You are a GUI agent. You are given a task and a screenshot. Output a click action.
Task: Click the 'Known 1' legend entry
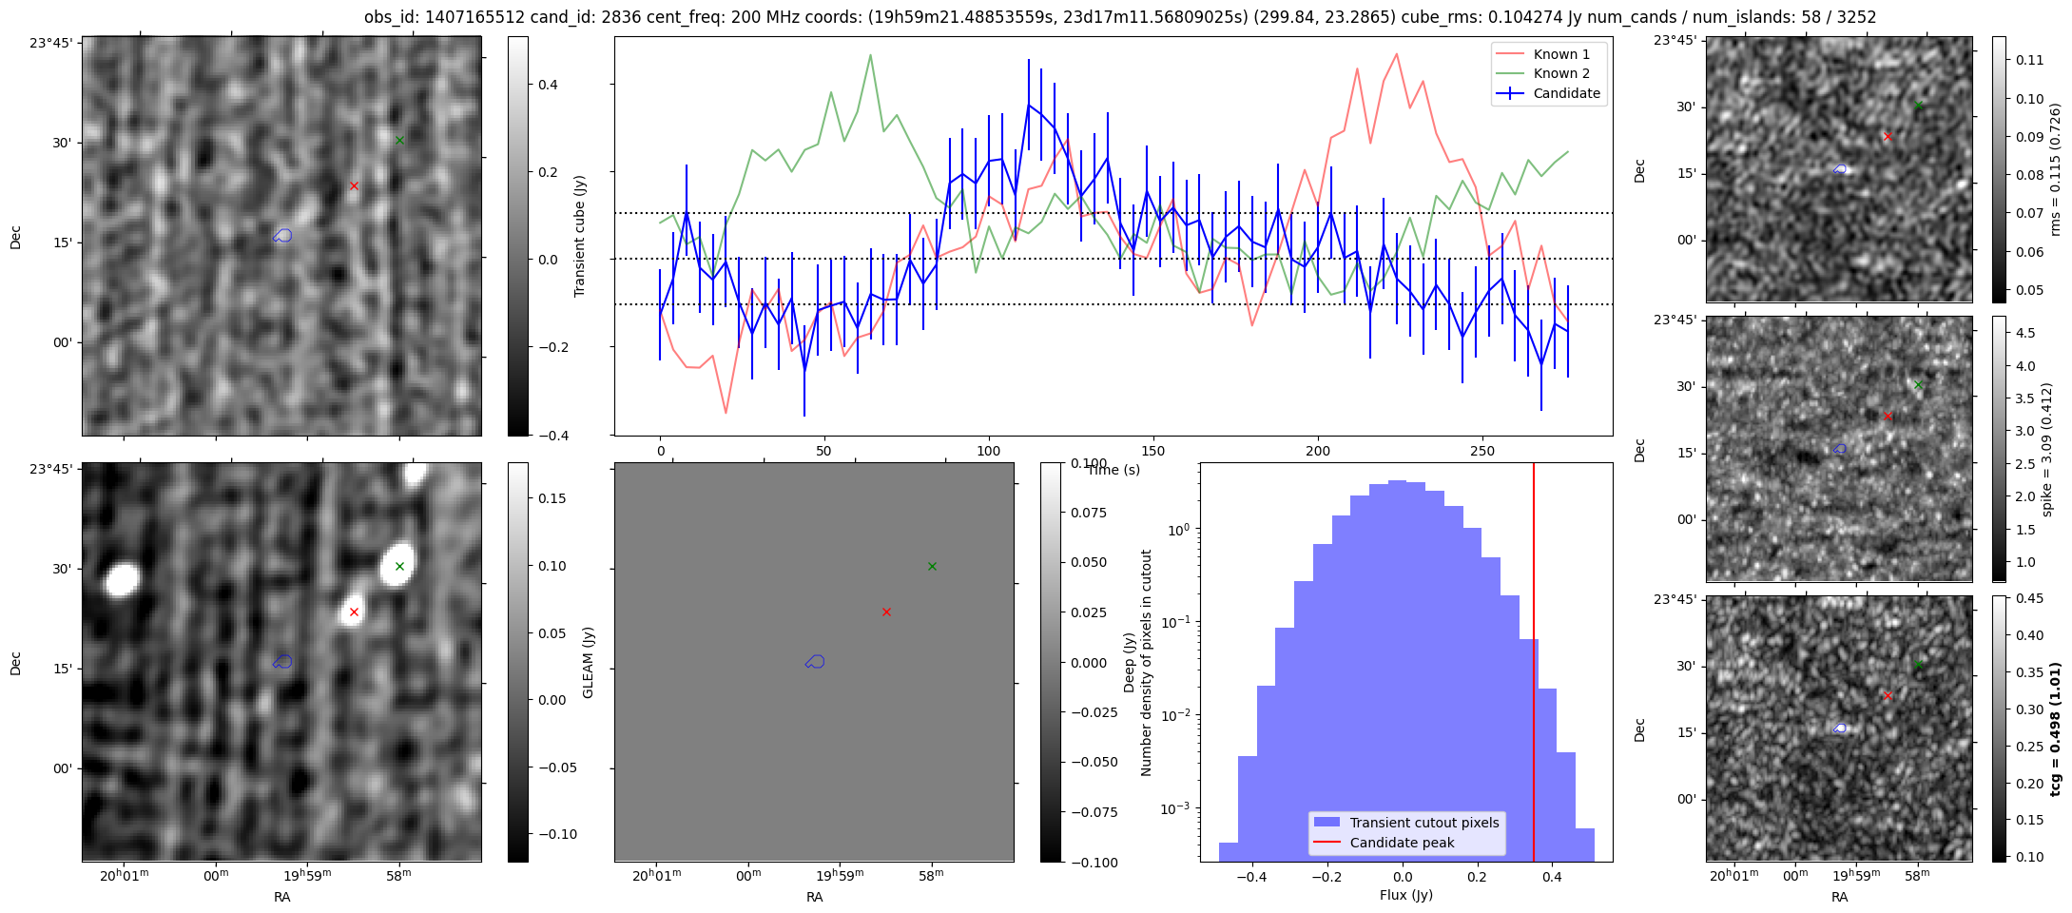pyautogui.click(x=1560, y=54)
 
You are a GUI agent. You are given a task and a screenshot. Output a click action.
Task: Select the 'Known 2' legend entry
pyautogui.click(x=1560, y=73)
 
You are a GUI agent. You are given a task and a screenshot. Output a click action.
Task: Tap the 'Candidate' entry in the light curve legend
pyautogui.click(x=1566, y=93)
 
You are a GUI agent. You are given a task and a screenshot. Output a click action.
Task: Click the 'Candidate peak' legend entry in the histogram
pyautogui.click(x=1402, y=843)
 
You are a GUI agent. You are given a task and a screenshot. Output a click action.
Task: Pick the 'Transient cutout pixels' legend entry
pyautogui.click(x=1423, y=823)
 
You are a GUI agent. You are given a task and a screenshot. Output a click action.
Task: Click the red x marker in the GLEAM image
pyautogui.click(x=354, y=612)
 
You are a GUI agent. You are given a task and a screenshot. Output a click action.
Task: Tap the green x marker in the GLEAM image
pyautogui.click(x=399, y=566)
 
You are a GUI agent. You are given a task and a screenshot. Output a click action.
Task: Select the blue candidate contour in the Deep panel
pyautogui.click(x=815, y=661)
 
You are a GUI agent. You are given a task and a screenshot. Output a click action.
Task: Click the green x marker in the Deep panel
pyautogui.click(x=932, y=566)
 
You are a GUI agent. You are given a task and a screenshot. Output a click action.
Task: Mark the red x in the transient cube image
pyautogui.click(x=354, y=185)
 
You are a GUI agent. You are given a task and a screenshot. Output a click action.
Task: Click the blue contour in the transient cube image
pyautogui.click(x=282, y=235)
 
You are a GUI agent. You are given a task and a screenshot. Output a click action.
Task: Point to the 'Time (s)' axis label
pyautogui.click(x=1113, y=470)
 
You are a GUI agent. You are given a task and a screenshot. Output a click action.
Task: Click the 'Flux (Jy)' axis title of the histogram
pyautogui.click(x=1405, y=895)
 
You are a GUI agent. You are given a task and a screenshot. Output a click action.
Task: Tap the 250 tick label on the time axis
pyautogui.click(x=1481, y=451)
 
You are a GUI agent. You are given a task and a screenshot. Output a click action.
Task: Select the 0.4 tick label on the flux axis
pyautogui.click(x=1551, y=876)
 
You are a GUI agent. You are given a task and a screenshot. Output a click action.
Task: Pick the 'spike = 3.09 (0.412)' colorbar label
pyautogui.click(x=2047, y=449)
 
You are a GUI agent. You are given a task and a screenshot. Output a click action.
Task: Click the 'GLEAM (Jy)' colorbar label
pyautogui.click(x=588, y=662)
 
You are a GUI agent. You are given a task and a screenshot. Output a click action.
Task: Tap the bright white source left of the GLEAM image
pyautogui.click(x=122, y=578)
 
